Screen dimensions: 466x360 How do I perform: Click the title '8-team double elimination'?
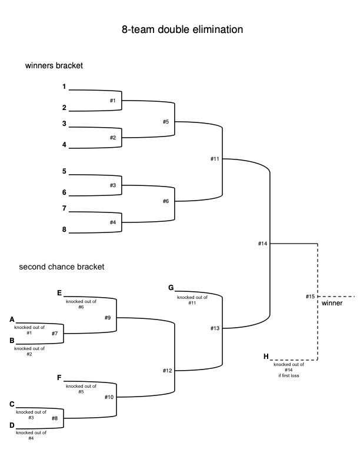pyautogui.click(x=181, y=29)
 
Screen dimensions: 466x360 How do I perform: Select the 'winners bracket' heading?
pyautogui.click(x=54, y=65)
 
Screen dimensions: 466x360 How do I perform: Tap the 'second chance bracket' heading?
pyautogui.click(x=61, y=267)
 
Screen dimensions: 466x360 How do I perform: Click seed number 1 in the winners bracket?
pyautogui.click(x=64, y=87)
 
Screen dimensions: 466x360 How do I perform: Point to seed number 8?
pyautogui.click(x=64, y=229)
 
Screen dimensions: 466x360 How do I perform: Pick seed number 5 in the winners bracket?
pyautogui.click(x=64, y=171)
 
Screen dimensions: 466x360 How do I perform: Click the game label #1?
pyautogui.click(x=112, y=101)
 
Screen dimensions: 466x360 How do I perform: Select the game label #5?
pyautogui.click(x=165, y=122)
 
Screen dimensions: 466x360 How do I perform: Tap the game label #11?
pyautogui.click(x=215, y=159)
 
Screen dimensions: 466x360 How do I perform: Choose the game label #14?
pyautogui.click(x=262, y=243)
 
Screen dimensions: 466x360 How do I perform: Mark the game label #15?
pyautogui.click(x=310, y=296)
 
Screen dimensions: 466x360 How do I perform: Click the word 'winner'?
pyautogui.click(x=332, y=304)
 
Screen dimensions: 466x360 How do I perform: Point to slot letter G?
pyautogui.click(x=171, y=288)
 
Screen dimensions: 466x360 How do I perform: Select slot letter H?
pyautogui.click(x=266, y=357)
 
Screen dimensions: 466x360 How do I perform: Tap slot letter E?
pyautogui.click(x=59, y=292)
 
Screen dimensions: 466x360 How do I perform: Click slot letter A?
pyautogui.click(x=12, y=319)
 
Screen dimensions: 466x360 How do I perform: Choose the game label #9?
pyautogui.click(x=108, y=318)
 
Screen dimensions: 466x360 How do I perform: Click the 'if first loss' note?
pyautogui.click(x=288, y=375)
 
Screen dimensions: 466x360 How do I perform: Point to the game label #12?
pyautogui.click(x=167, y=370)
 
